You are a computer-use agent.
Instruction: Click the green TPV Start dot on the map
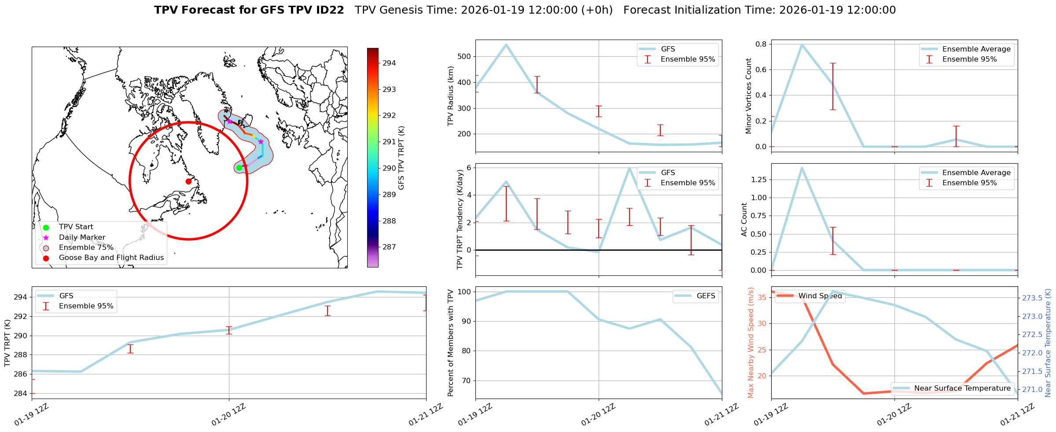click(239, 168)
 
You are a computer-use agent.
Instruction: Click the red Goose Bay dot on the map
click(188, 181)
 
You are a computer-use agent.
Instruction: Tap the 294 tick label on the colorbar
click(389, 63)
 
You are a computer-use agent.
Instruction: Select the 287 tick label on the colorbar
click(389, 247)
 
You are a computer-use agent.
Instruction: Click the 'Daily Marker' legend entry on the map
click(82, 237)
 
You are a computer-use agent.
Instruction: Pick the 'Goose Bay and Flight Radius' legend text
click(111, 258)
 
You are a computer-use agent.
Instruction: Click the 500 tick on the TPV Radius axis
click(465, 56)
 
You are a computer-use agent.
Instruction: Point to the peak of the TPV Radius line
click(506, 44)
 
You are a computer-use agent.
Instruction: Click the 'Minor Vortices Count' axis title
click(749, 96)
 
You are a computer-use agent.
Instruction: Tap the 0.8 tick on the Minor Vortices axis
click(761, 44)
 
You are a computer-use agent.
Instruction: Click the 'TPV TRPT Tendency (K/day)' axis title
click(460, 220)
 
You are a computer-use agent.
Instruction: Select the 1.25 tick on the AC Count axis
click(758, 179)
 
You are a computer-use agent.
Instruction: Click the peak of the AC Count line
click(802, 168)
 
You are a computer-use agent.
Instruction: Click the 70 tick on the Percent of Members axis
click(466, 381)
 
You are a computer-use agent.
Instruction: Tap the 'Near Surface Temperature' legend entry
click(962, 388)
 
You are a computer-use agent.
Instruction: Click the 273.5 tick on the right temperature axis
click(1032, 298)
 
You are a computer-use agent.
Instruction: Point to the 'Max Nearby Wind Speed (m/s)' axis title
click(751, 343)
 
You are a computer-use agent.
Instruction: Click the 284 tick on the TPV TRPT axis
click(20, 393)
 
